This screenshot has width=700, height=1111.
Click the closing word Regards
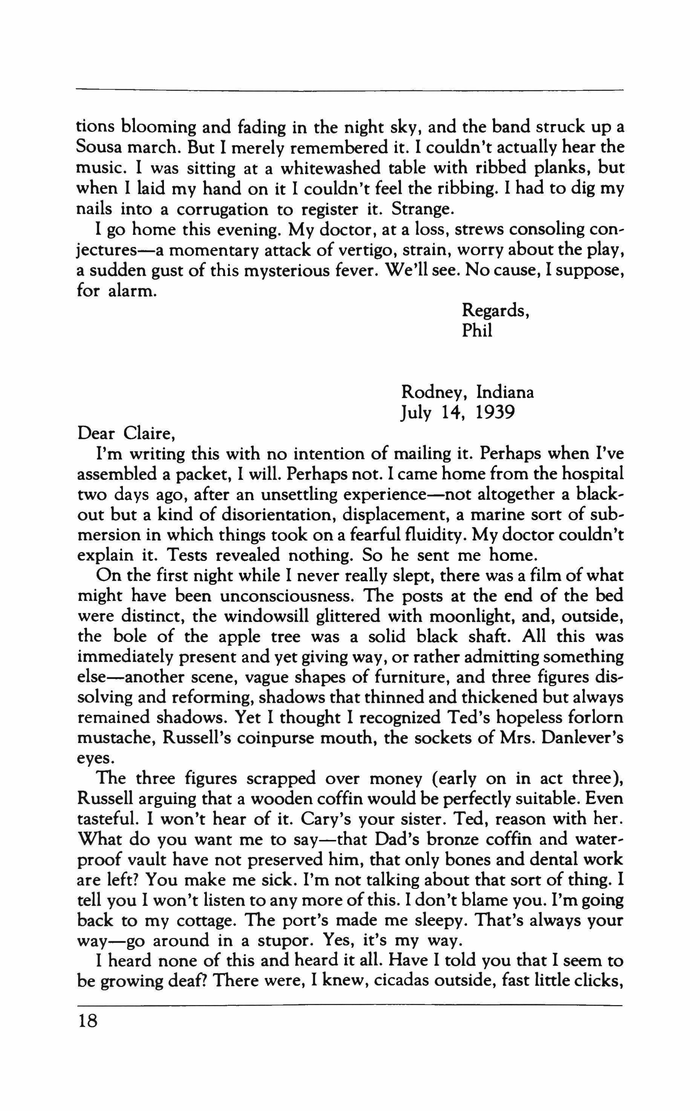click(495, 311)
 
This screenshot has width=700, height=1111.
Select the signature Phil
click(477, 331)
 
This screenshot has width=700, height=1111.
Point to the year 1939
click(495, 412)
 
